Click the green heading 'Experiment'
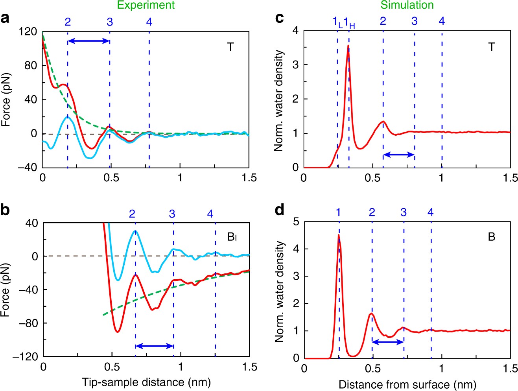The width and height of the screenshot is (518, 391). [146, 5]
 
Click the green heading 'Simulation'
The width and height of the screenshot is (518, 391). [407, 5]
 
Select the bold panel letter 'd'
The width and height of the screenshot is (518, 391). [280, 210]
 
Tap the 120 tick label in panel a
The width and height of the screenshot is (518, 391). [28, 32]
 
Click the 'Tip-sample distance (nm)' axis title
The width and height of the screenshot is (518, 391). [146, 382]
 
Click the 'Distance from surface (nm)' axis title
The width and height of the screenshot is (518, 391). [407, 384]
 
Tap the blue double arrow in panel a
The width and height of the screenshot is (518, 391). [88, 41]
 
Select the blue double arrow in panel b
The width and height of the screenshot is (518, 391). [154, 346]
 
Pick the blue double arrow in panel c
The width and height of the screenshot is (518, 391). [399, 155]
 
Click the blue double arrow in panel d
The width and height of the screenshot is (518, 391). [388, 342]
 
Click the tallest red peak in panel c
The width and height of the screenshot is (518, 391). [348, 46]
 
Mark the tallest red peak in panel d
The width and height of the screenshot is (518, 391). [339, 235]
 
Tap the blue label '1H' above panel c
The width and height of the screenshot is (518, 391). [349, 23]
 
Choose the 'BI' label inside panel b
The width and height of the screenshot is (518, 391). [232, 237]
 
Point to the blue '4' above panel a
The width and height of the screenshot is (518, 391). [149, 22]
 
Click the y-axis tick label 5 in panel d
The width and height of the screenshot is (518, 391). [296, 222]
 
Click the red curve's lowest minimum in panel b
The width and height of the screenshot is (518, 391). [117, 332]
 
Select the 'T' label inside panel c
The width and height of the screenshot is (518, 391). [491, 47]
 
